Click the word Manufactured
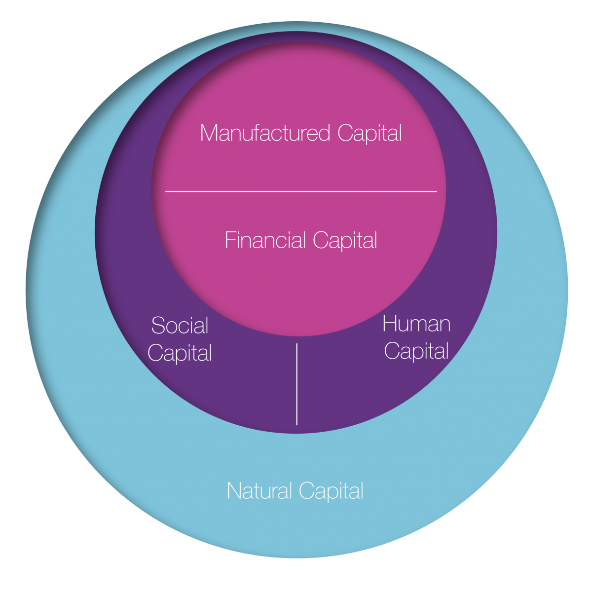click(265, 133)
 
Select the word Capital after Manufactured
click(370, 134)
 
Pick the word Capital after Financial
click(345, 241)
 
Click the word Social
click(180, 326)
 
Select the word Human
click(416, 324)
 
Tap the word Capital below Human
click(416, 352)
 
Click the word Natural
click(259, 491)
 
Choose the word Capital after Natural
click(331, 492)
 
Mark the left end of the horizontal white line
click(166, 191)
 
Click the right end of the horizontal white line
click(437, 191)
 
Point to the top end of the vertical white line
click(297, 344)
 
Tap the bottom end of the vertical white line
click(297, 424)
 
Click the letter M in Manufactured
click(209, 133)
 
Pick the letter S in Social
click(158, 326)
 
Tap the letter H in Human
click(390, 324)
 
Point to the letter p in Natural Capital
click(324, 493)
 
